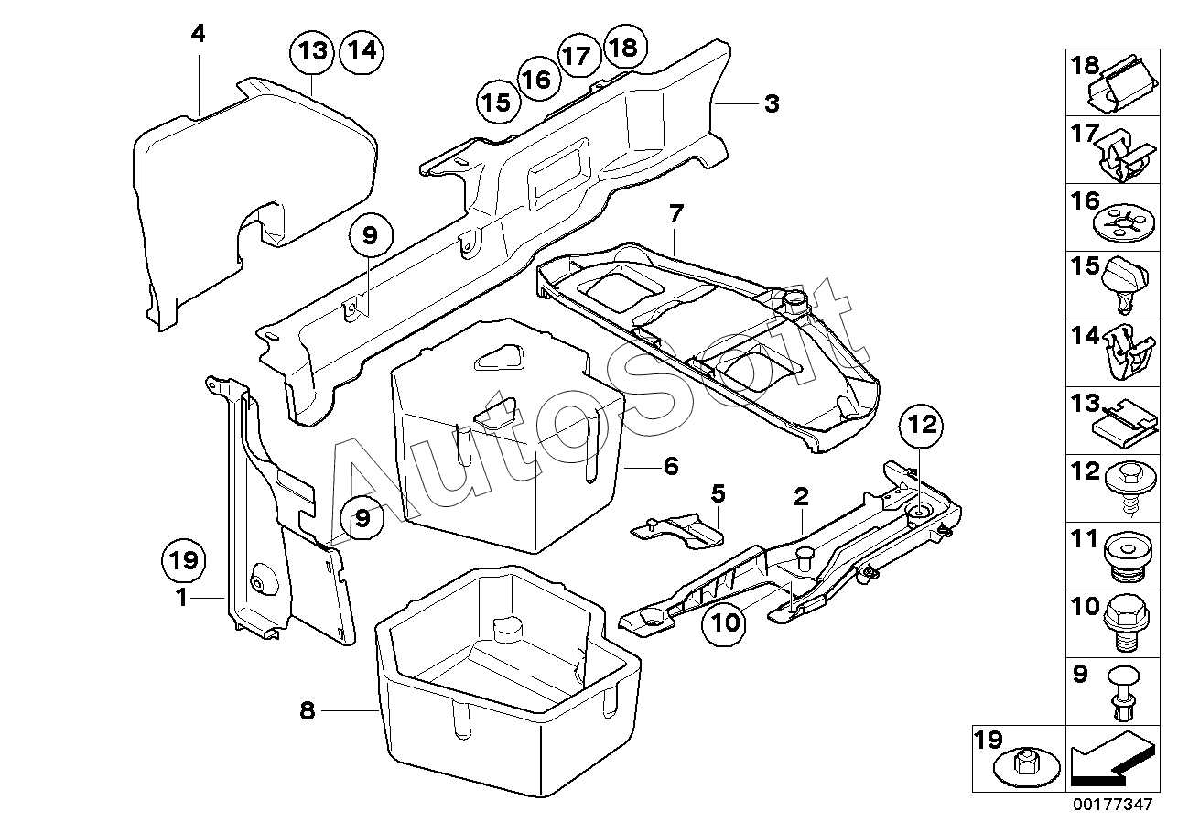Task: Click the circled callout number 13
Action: [313, 51]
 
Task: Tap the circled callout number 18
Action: [623, 47]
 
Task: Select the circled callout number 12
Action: [923, 423]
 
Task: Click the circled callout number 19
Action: [184, 560]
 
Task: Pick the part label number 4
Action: [198, 35]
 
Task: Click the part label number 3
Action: [772, 104]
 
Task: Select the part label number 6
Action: [671, 467]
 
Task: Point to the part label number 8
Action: [308, 710]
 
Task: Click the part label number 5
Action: [718, 495]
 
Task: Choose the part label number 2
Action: [801, 497]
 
